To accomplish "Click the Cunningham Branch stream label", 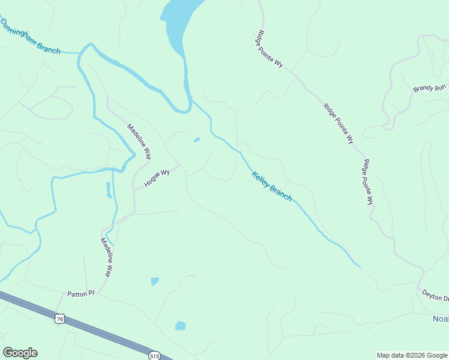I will click(x=30, y=37).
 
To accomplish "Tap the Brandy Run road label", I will click(x=429, y=88).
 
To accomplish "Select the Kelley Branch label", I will click(x=271, y=187).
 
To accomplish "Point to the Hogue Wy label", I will click(x=157, y=178).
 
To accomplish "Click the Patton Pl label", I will click(x=81, y=294).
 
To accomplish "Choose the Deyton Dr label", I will click(x=435, y=296).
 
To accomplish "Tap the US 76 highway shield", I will click(x=59, y=319).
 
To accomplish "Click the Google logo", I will click(x=20, y=353).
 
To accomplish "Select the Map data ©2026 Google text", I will click(x=411, y=355).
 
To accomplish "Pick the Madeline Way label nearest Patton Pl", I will click(x=106, y=257).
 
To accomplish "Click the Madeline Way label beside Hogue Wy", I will click(x=139, y=141).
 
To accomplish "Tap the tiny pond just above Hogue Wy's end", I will click(x=197, y=140).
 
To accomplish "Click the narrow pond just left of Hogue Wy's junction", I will click(x=109, y=190).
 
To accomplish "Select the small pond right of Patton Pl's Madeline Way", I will click(x=155, y=281).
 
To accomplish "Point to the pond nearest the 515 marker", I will click(x=180, y=326).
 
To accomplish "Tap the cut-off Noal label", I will click(x=440, y=319).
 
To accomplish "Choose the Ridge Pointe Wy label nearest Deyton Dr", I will click(x=367, y=183).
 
